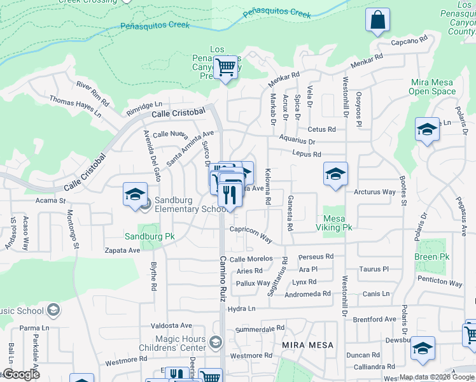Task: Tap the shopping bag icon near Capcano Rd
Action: click(x=377, y=21)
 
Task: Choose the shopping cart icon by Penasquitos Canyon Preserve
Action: click(x=226, y=67)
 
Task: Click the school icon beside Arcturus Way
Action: click(x=335, y=174)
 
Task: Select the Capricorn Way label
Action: click(x=251, y=235)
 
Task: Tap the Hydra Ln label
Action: click(x=241, y=309)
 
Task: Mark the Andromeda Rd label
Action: click(x=307, y=294)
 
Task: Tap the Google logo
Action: click(x=20, y=374)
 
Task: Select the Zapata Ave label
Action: click(x=123, y=250)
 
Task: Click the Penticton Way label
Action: click(x=440, y=282)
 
